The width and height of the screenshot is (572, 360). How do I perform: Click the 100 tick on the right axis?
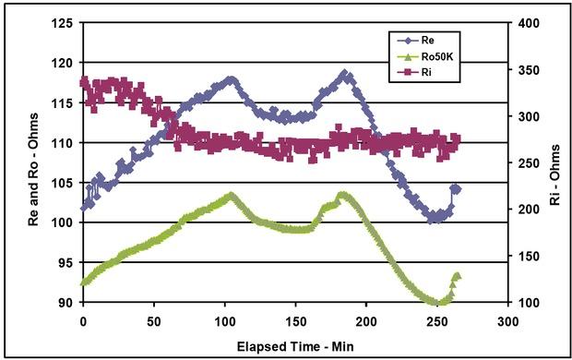tap(521, 303)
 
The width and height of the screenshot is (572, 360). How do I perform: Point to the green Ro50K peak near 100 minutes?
tap(231, 196)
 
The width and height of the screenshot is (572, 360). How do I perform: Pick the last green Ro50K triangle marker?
tap(457, 276)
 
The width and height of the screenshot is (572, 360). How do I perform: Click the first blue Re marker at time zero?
tap(85, 207)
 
